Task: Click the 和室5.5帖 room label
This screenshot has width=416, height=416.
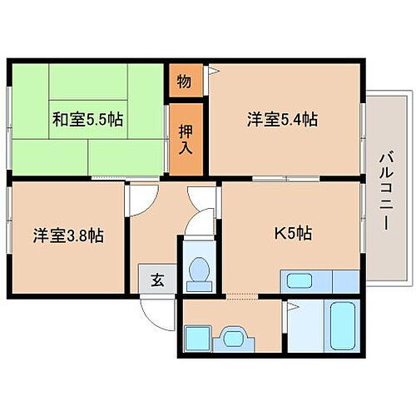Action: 87,120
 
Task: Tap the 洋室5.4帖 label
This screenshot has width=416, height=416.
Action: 281,119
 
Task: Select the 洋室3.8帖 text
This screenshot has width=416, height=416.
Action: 69,235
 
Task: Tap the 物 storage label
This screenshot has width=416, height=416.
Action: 183,82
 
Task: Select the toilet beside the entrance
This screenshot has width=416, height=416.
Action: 200,272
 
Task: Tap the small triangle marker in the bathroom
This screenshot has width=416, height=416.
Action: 290,307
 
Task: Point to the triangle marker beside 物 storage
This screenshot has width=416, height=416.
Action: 213,72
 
